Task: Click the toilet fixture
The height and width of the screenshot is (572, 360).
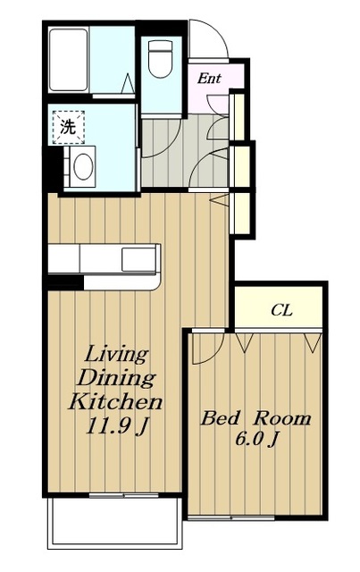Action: coord(161,58)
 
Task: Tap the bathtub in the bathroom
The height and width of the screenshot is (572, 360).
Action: coord(69,60)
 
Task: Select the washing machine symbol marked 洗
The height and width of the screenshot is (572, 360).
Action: coord(68,127)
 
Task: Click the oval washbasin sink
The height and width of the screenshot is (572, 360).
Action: coord(83,166)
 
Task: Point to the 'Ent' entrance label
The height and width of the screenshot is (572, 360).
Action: coord(209,79)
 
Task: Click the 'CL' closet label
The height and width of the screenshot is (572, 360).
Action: coord(281,310)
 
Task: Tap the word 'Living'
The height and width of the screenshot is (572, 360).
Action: coord(116,355)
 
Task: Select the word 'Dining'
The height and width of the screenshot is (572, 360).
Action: coord(116,378)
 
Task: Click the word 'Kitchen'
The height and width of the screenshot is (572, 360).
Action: coord(115,401)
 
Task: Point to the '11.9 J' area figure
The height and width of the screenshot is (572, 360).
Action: coord(117,425)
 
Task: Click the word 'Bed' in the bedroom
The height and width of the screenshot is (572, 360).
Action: coord(221,418)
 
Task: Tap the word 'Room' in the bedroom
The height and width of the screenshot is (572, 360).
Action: coord(282,418)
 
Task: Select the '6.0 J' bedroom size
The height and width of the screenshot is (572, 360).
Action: coord(256,439)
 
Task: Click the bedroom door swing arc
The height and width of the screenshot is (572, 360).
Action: coord(214,353)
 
